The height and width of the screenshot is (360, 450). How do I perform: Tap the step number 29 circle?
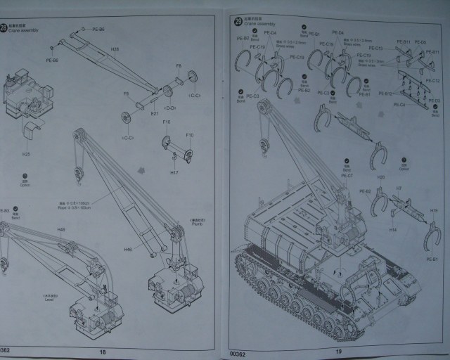[236, 24]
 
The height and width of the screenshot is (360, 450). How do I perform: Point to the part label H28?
[115, 49]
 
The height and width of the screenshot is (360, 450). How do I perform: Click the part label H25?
[26, 154]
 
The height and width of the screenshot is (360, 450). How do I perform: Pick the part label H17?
[174, 172]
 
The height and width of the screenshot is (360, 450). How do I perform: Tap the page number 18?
[102, 351]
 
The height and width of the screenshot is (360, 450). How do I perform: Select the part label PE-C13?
[375, 49]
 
